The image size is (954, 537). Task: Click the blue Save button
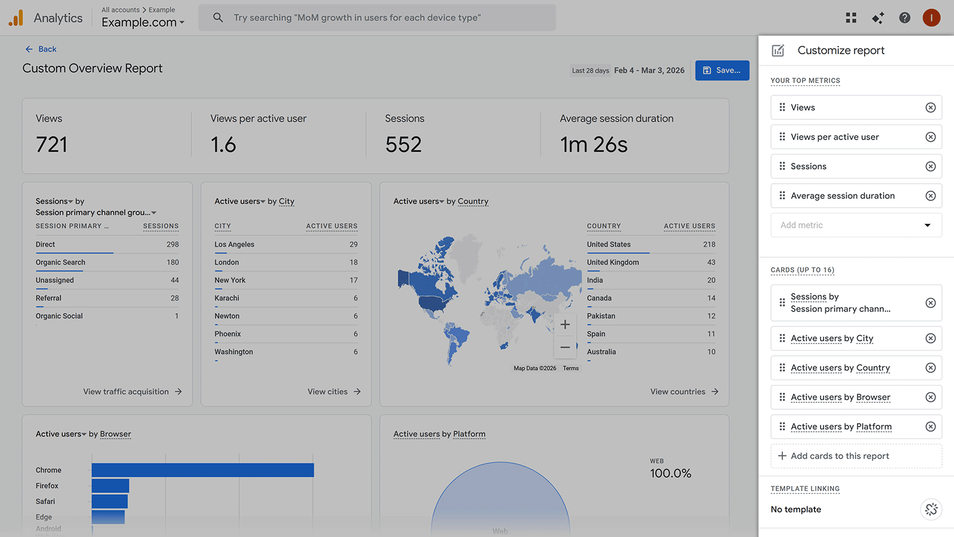pyautogui.click(x=722, y=70)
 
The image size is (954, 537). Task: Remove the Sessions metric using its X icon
pyautogui.click(x=930, y=166)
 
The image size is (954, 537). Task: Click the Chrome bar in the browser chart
pyautogui.click(x=203, y=470)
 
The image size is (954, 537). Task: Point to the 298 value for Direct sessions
pyautogui.click(x=172, y=245)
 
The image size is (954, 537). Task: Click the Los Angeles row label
pyautogui.click(x=234, y=245)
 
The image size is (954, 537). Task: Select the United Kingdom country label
pyautogui.click(x=612, y=263)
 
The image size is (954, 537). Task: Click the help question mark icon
pyautogui.click(x=905, y=18)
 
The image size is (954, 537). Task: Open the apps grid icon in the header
pyautogui.click(x=851, y=18)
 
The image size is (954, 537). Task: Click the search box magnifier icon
pyautogui.click(x=218, y=18)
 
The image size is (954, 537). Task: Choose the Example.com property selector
pyautogui.click(x=143, y=23)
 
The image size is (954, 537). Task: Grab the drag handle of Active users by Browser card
pyautogui.click(x=782, y=397)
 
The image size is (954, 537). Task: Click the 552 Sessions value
pyautogui.click(x=403, y=145)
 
